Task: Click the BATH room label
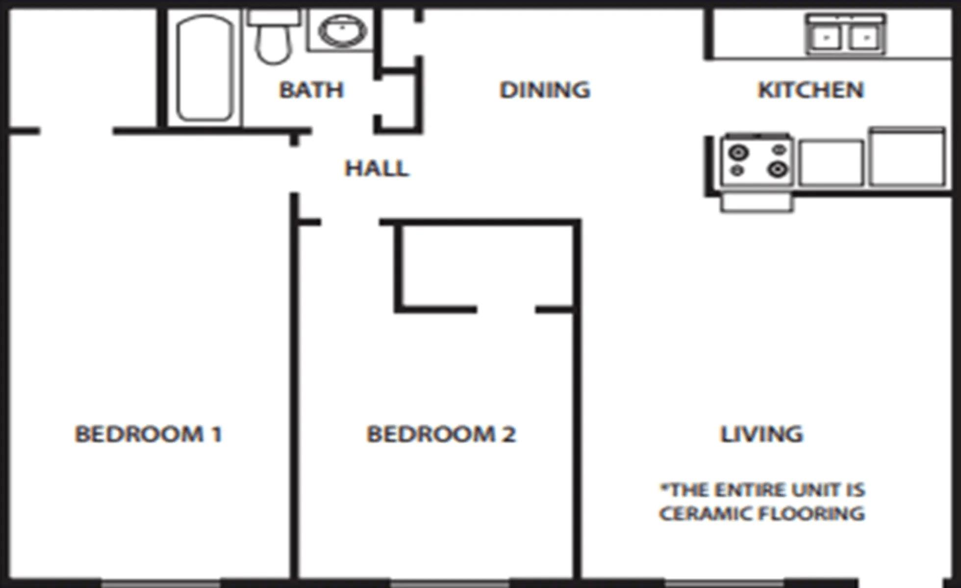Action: coord(311,90)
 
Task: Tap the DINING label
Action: coord(545,90)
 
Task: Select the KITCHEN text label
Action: coord(810,90)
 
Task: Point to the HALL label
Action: coord(377,169)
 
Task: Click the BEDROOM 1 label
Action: coord(148,434)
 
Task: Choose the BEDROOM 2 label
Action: coord(441,434)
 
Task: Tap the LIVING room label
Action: coord(761,434)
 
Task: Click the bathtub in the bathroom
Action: coord(204,69)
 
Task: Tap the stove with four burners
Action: coord(757,161)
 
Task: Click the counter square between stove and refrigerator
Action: coord(832,163)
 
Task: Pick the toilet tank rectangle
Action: coord(274,18)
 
